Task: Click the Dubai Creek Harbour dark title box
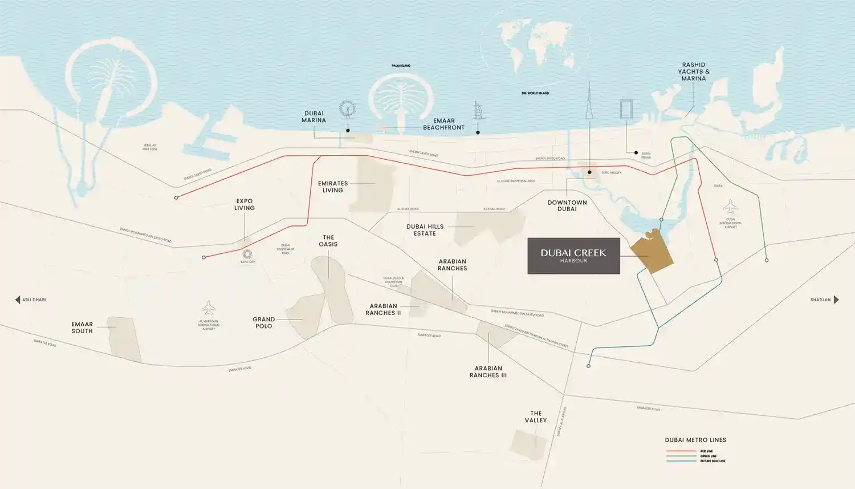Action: tap(573, 256)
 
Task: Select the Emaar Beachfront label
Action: tap(443, 124)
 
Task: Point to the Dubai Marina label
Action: tap(313, 117)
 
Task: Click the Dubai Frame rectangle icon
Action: tap(626, 109)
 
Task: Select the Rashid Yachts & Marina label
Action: tap(694, 72)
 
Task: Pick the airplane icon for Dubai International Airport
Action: tap(730, 206)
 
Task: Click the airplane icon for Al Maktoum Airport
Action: tap(209, 308)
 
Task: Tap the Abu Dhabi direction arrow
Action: tap(18, 300)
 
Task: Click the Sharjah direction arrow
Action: tap(836, 300)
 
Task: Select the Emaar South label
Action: tap(82, 328)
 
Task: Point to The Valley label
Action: tap(536, 417)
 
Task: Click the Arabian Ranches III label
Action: tap(488, 372)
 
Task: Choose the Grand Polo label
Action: tap(263, 323)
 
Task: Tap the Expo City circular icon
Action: tap(247, 254)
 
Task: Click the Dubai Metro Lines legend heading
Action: tap(695, 440)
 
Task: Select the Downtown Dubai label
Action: tap(567, 206)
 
